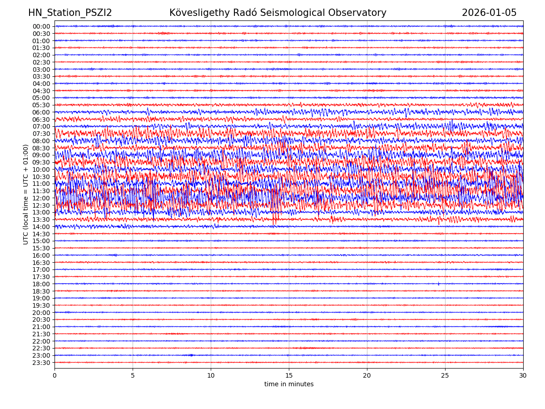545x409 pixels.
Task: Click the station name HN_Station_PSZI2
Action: [70, 13]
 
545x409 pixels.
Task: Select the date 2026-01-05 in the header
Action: [489, 13]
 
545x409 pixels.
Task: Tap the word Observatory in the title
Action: [359, 13]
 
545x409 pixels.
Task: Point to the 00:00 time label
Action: [41, 26]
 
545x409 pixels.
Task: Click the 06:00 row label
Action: [41, 112]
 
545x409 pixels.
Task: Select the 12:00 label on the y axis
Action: [41, 198]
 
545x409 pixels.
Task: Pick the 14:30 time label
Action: [41, 234]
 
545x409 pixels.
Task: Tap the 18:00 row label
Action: [41, 284]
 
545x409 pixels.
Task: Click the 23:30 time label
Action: [41, 363]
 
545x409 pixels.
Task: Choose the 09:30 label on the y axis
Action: [41, 162]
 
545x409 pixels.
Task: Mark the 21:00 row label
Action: [41, 327]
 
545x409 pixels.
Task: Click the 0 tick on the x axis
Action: [54, 376]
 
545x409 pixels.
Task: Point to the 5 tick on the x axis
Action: [133, 376]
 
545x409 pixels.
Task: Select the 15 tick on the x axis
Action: [289, 376]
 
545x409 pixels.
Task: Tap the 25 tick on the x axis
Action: [445, 376]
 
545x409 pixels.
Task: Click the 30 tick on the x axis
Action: [523, 376]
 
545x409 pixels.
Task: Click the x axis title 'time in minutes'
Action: [289, 384]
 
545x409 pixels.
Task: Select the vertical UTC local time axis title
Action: [26, 194]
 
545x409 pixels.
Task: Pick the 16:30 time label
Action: [41, 263]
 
